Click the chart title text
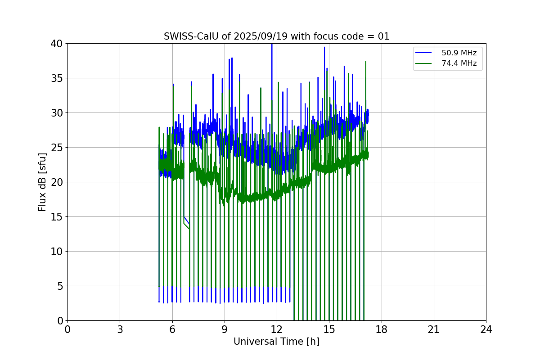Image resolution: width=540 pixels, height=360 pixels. click(276, 36)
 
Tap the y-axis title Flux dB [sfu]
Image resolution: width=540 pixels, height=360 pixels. click(42, 182)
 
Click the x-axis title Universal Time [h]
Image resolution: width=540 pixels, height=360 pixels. click(276, 342)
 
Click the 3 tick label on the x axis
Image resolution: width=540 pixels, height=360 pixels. click(120, 329)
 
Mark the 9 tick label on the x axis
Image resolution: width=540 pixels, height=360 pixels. click(225, 329)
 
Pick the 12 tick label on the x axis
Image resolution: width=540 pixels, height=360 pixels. click(277, 329)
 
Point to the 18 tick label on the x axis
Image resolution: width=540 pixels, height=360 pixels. click(382, 329)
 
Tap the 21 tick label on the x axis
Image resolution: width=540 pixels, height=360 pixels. click(434, 329)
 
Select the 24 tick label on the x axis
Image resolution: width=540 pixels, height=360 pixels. click(486, 329)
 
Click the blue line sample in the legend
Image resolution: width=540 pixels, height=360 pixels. click(425, 53)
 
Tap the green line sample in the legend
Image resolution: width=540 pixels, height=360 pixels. click(425, 63)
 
